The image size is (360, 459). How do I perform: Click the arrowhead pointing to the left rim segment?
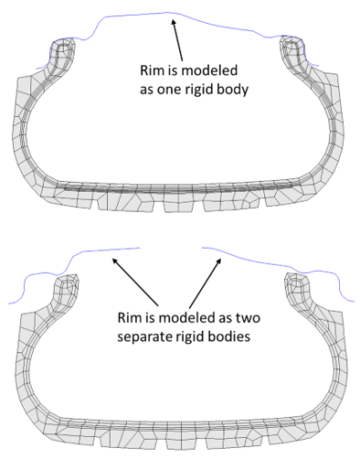(x=114, y=259)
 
